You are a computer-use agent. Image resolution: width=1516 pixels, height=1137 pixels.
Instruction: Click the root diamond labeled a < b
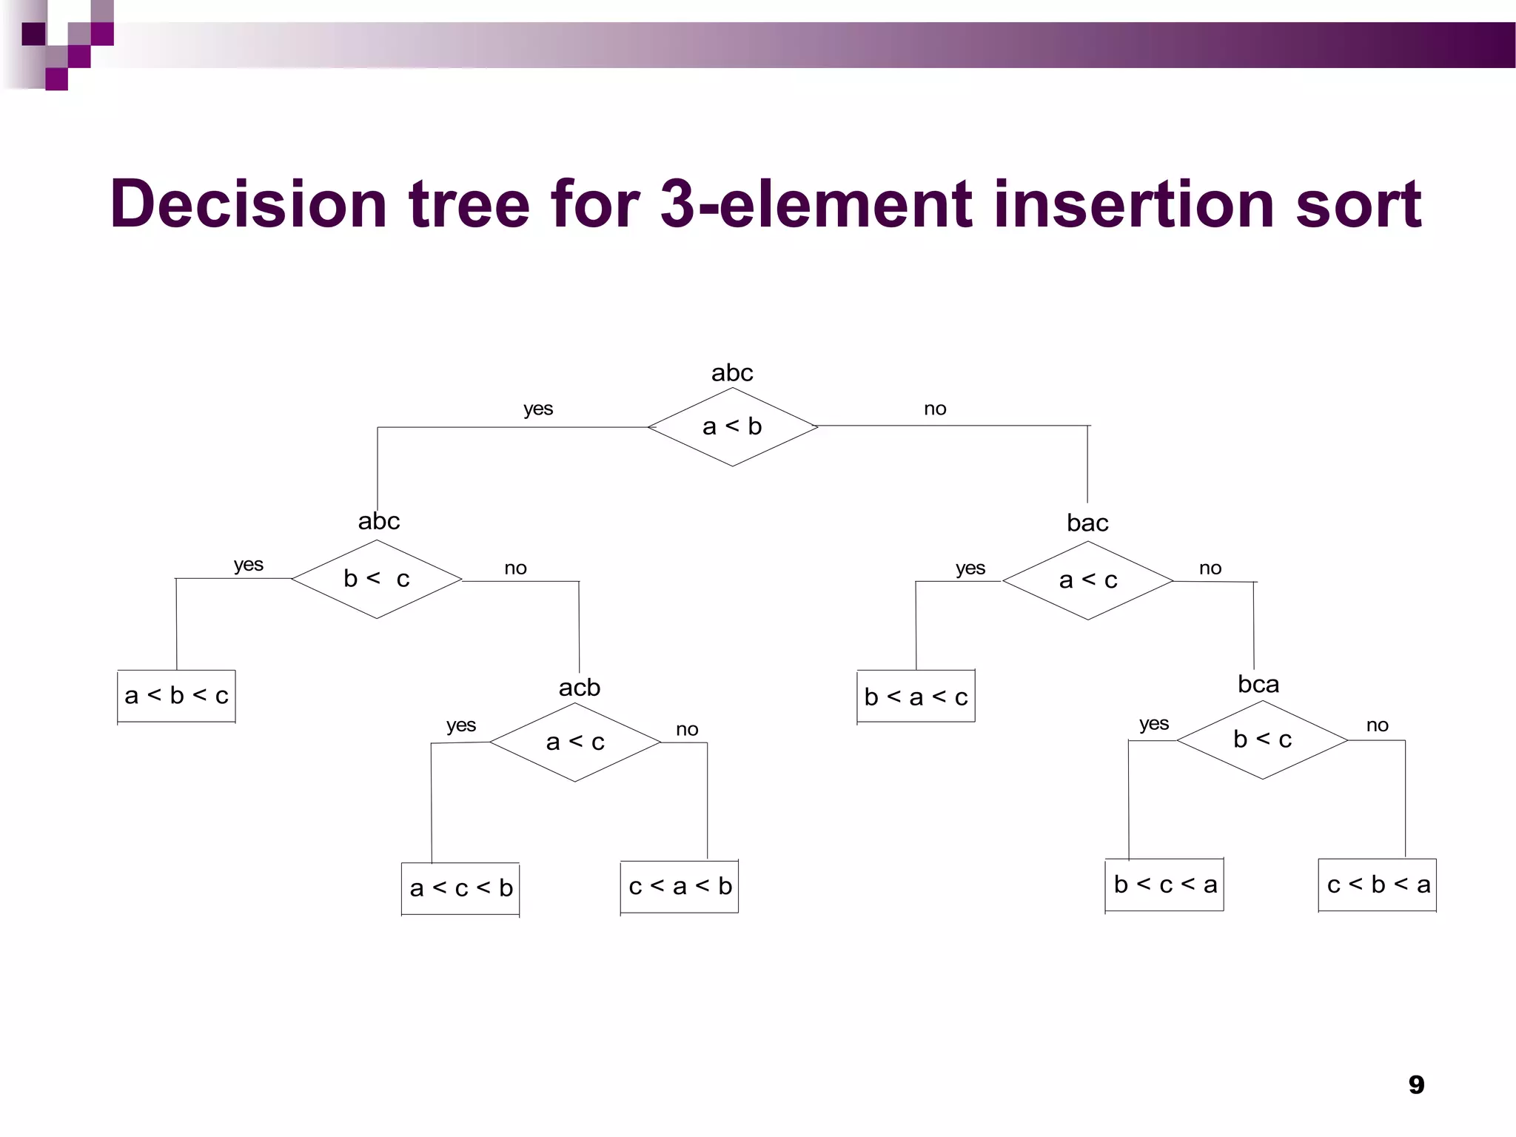pyautogui.click(x=732, y=427)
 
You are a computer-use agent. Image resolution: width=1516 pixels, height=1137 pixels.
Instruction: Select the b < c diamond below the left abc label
pyautogui.click(x=377, y=579)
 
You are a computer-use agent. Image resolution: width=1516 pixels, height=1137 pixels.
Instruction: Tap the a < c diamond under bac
pyautogui.click(x=1087, y=580)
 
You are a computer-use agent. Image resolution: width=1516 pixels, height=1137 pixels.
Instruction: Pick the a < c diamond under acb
pyautogui.click(x=575, y=742)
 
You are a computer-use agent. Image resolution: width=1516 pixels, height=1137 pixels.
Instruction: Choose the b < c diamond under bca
pyautogui.click(x=1262, y=739)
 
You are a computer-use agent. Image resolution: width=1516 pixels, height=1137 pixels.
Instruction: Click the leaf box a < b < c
pyautogui.click(x=176, y=696)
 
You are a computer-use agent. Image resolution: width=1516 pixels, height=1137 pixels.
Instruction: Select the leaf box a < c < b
pyautogui.click(x=460, y=888)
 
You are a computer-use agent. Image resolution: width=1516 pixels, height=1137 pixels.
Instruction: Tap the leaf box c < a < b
pyautogui.click(x=680, y=887)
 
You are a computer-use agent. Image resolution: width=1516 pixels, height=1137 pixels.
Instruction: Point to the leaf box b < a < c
pyautogui.click(x=916, y=697)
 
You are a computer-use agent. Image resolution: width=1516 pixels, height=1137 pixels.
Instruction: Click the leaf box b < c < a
pyautogui.click(x=1164, y=885)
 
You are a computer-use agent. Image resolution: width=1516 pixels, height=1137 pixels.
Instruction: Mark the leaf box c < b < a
pyautogui.click(x=1378, y=885)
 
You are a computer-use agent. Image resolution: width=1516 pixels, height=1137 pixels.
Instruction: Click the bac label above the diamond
pyautogui.click(x=1087, y=523)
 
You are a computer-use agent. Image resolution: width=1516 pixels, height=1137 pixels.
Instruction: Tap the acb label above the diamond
pyautogui.click(x=579, y=688)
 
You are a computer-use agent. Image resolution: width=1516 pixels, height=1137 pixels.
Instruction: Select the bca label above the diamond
pyautogui.click(x=1258, y=685)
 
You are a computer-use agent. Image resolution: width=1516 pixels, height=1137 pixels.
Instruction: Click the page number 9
pyautogui.click(x=1416, y=1085)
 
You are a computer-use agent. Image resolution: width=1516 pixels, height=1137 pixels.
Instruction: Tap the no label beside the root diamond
pyautogui.click(x=935, y=409)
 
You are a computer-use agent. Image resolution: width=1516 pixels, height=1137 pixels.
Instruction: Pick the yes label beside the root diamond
pyautogui.click(x=538, y=409)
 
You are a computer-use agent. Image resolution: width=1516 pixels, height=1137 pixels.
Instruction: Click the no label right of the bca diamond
pyautogui.click(x=1377, y=725)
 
